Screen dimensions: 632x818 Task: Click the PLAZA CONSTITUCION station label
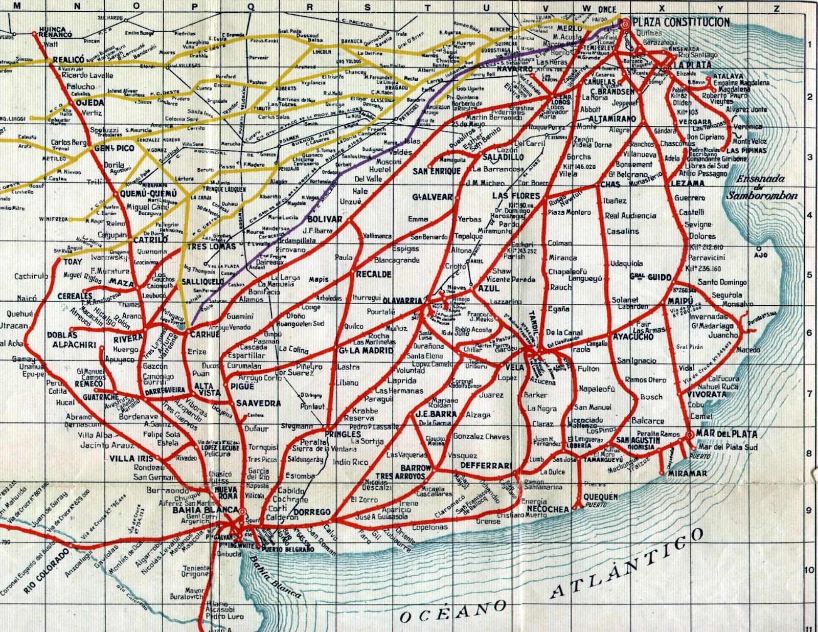pyautogui.click(x=681, y=22)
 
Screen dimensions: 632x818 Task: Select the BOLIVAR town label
pyautogui.click(x=325, y=219)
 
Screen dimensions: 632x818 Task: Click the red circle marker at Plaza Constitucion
pyautogui.click(x=625, y=22)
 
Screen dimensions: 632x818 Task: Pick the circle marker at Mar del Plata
pyautogui.click(x=690, y=435)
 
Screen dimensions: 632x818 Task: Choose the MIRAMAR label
pyautogui.click(x=688, y=473)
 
